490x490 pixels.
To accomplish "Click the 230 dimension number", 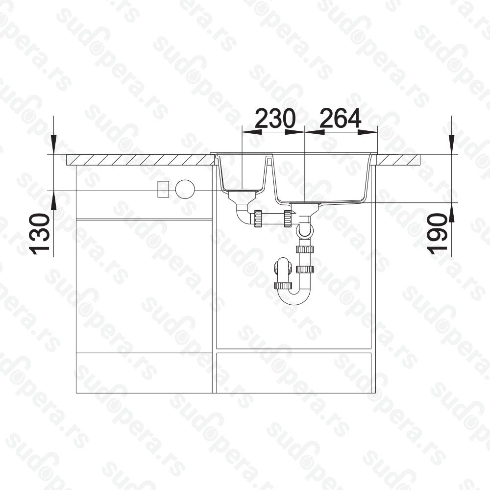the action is point(275,119).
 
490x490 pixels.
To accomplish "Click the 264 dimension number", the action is point(341,119).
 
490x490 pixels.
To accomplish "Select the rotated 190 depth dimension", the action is point(438,234).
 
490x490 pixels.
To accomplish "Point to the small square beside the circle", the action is point(163,189).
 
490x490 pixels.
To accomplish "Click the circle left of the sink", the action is point(185,189).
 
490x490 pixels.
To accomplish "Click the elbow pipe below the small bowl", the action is point(243,215).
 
